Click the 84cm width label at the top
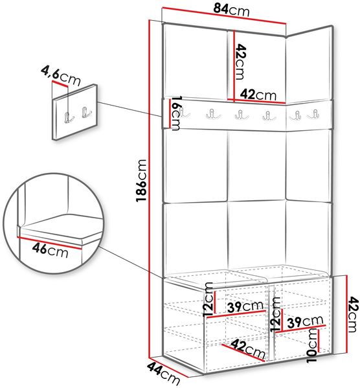pos(231,10)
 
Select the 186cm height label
pos(142,180)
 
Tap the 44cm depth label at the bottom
pos(164,373)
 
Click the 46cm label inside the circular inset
pos(50,250)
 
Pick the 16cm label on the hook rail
pos(175,113)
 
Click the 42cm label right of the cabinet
pos(353,315)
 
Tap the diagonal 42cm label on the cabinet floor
pos(248,349)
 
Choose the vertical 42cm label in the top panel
pos(240,62)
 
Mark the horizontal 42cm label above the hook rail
pos(258,95)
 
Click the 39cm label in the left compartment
pos(245,306)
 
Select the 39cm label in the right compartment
pos(306,321)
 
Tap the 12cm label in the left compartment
pos(208,299)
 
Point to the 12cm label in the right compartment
pos(275,314)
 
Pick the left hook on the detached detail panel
pos(69,117)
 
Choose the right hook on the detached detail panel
pos(86,112)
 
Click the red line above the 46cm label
pos(49,242)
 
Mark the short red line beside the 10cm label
pos(319,341)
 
